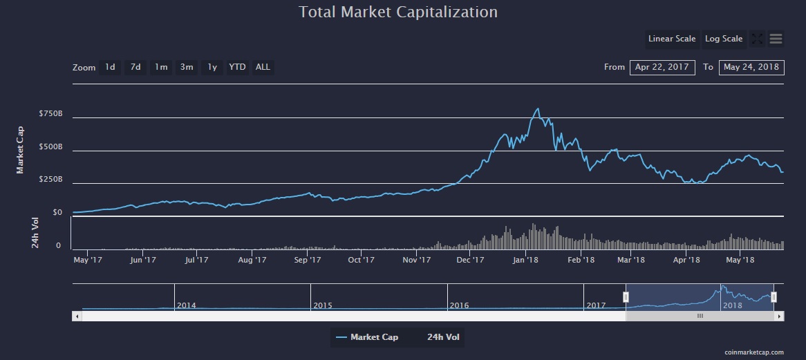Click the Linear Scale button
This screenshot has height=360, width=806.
point(671,39)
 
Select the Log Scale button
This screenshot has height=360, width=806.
point(724,39)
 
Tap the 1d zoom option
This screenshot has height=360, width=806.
point(110,67)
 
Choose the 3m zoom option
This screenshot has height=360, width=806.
point(187,67)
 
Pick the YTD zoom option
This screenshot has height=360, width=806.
point(237,67)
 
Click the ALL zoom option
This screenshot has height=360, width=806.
point(263,67)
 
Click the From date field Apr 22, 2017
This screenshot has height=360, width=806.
point(662,67)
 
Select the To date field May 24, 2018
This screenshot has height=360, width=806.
point(751,67)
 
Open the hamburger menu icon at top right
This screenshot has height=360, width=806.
point(776,39)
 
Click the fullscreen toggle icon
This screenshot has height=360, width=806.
point(757,39)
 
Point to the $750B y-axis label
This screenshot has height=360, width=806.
point(52,113)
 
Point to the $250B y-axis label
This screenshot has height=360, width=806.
point(52,179)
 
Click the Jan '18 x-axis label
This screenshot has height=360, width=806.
point(526,260)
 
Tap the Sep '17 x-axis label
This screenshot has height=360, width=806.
point(307,260)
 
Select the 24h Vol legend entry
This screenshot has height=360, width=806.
point(444,337)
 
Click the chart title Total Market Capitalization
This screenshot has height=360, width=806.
point(398,12)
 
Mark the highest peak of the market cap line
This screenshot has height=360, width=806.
point(538,108)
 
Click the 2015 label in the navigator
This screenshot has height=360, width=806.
point(323,305)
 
